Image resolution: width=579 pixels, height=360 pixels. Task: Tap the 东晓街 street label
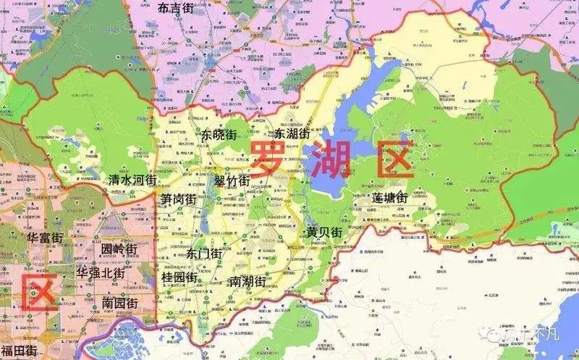pos(219,134)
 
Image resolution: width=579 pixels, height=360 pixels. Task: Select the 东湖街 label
pos(292,134)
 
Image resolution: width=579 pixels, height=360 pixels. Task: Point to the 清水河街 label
pos(132,180)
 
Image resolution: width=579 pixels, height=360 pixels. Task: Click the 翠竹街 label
pos(232,180)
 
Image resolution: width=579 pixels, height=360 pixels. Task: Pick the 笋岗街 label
pos(179,199)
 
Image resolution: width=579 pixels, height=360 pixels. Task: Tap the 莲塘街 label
pos(391,198)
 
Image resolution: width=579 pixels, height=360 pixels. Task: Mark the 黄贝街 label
pos(324,233)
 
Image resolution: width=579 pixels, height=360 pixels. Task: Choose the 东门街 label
pos(204,254)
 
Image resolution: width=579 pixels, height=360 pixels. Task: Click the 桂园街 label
pos(179,277)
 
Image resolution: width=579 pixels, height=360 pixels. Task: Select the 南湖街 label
pos(246,282)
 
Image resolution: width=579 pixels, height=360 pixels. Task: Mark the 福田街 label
pos(20,351)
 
